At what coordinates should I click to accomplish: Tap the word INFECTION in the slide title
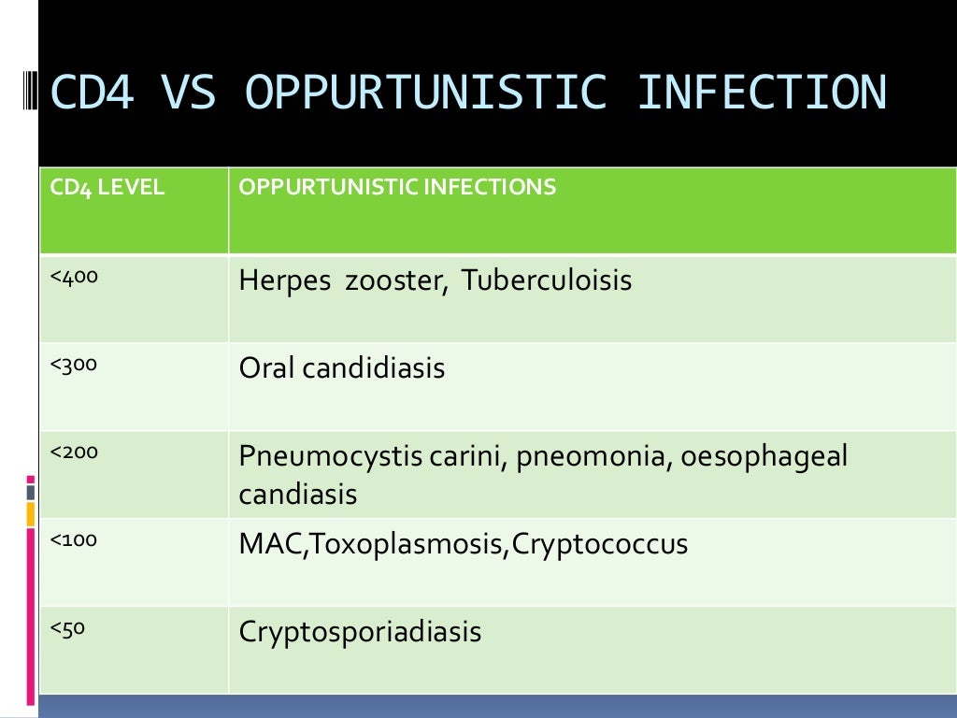click(x=762, y=93)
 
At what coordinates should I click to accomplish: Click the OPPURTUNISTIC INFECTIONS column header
click(x=397, y=188)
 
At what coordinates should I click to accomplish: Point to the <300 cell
click(x=75, y=365)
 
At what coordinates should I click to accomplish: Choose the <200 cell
click(x=75, y=452)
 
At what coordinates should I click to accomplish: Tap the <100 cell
click(x=75, y=540)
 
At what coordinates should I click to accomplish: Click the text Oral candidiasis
click(x=342, y=368)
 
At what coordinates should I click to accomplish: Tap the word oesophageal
click(x=764, y=457)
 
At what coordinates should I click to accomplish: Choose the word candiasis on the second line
click(x=298, y=494)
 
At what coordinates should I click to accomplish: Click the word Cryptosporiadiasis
click(x=360, y=633)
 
